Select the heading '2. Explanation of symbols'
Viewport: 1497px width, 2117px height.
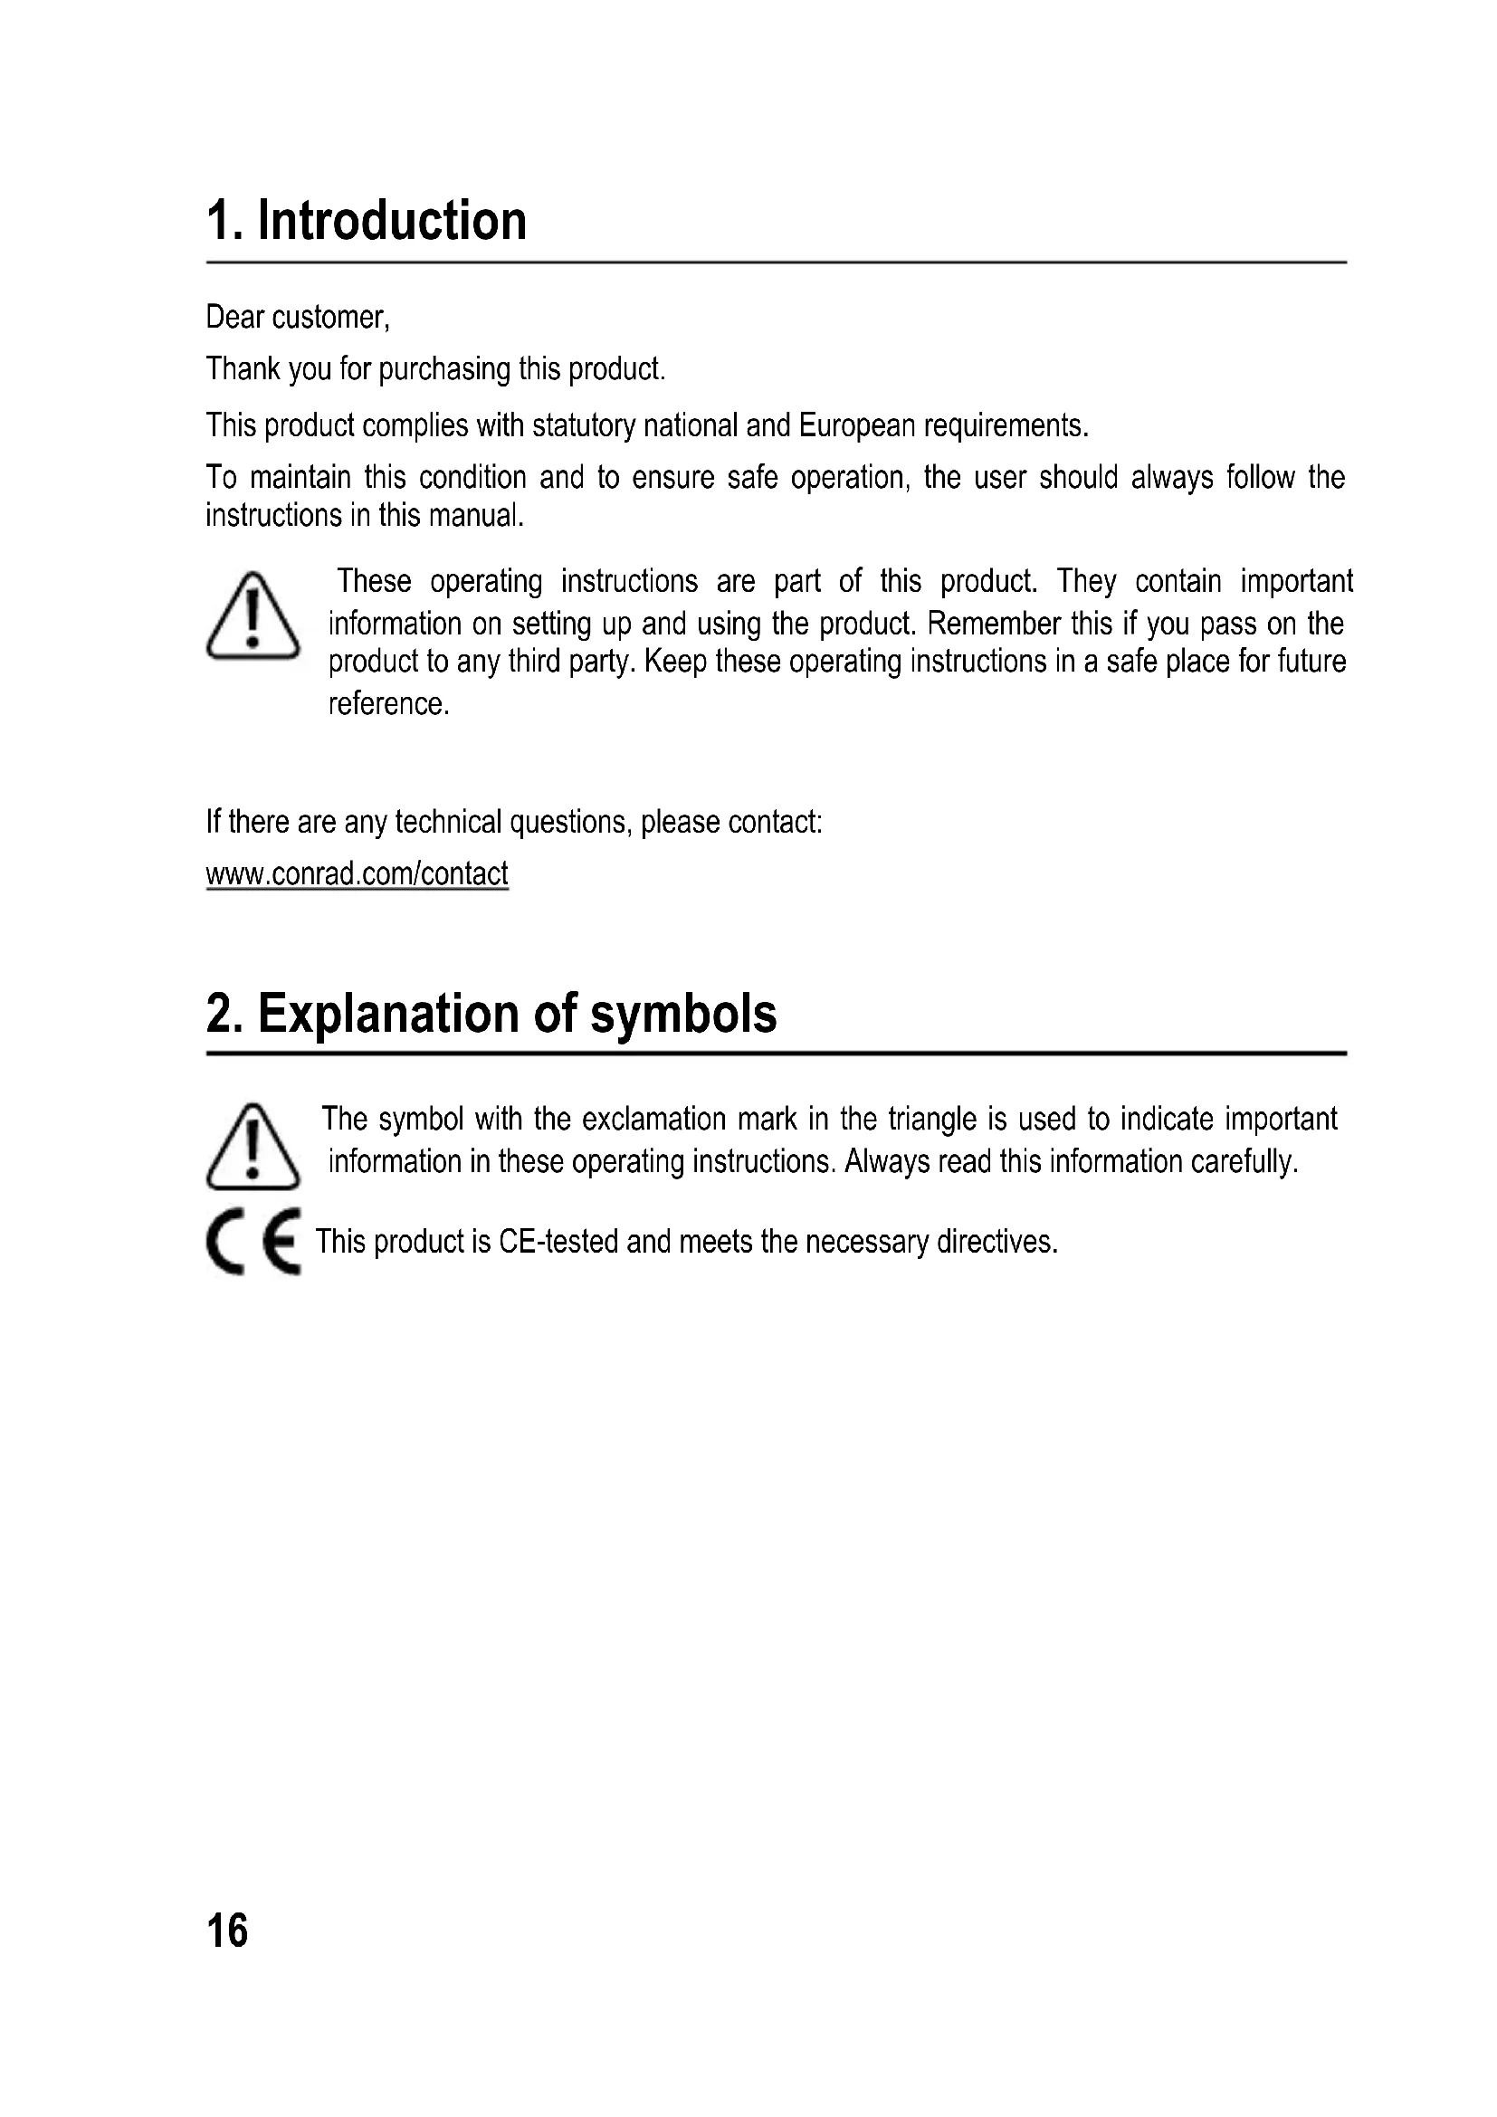pos(491,1014)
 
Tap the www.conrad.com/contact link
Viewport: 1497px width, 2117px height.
pos(357,873)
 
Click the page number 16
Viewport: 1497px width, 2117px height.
pos(227,1930)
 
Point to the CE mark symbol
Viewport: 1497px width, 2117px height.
pos(253,1241)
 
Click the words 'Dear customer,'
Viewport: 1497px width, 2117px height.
pos(298,317)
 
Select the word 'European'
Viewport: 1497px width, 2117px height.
pos(856,425)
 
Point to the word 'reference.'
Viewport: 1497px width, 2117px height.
pos(388,703)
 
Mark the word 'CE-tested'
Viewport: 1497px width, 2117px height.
pos(558,1242)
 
